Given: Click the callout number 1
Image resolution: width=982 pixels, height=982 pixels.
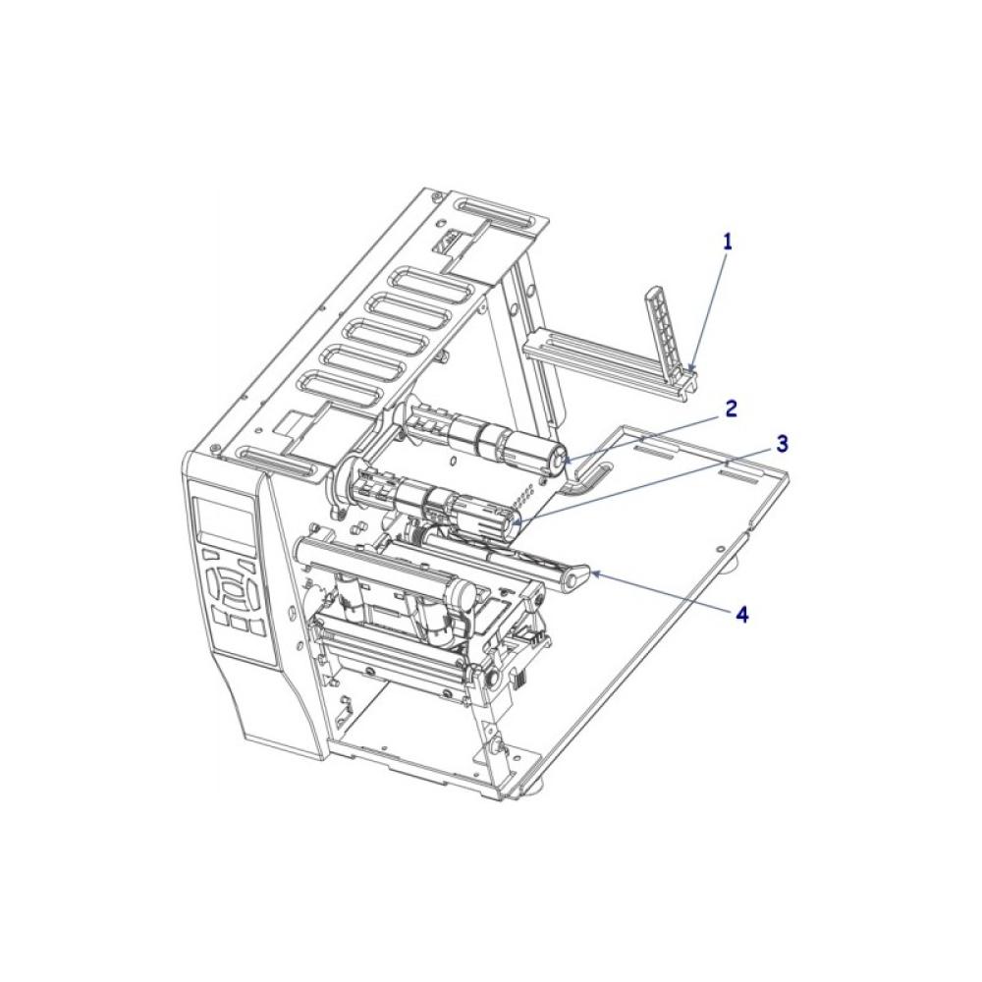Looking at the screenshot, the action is (x=727, y=242).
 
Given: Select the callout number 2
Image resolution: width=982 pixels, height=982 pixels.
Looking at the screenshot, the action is (x=731, y=409).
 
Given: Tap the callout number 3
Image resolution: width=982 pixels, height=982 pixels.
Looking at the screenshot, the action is (x=782, y=445).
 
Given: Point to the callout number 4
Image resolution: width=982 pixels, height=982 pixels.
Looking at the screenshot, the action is (x=742, y=615).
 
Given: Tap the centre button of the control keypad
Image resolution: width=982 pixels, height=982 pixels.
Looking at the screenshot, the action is (x=233, y=589).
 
